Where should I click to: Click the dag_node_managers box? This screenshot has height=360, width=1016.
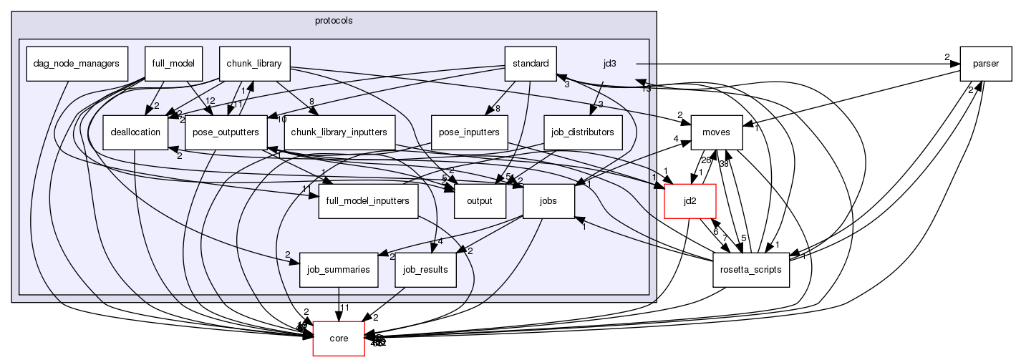(x=76, y=63)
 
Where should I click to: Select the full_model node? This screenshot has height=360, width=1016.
(x=173, y=63)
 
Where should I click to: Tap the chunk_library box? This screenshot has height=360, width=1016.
(x=254, y=63)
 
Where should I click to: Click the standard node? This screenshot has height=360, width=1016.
(x=531, y=63)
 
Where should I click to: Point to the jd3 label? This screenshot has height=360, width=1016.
(x=610, y=64)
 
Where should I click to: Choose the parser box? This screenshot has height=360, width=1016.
(x=985, y=63)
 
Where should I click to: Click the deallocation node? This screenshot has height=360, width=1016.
(x=135, y=132)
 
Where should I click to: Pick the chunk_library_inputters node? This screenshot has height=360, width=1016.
(x=340, y=132)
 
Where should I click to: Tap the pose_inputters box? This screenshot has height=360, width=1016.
(x=469, y=132)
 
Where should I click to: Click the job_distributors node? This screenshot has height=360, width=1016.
(x=583, y=132)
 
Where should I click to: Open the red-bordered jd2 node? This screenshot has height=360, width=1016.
(x=691, y=201)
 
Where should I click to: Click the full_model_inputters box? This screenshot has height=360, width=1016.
(x=368, y=201)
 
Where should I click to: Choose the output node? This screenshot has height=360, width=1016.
(x=480, y=201)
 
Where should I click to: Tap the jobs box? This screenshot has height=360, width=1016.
(x=549, y=201)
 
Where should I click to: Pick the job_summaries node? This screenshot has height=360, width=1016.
(x=339, y=270)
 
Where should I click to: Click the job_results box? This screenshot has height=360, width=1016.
(x=425, y=270)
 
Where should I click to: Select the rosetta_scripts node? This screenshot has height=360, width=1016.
(x=751, y=270)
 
